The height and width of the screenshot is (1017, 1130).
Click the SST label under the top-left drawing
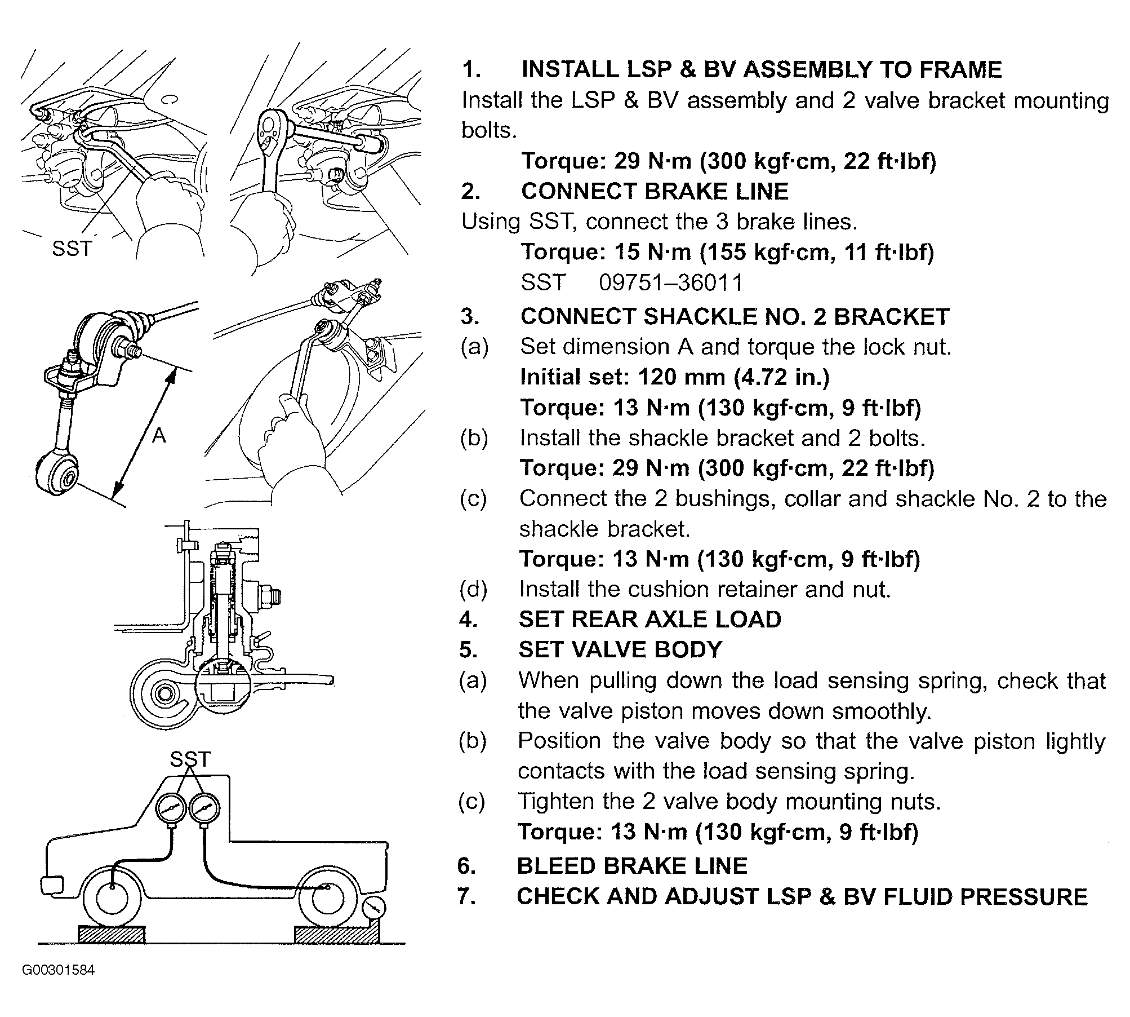[72, 248]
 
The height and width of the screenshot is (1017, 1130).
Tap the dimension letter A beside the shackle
[159, 435]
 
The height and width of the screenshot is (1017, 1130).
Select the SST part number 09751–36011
[671, 282]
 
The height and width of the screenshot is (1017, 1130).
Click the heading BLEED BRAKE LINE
[632, 866]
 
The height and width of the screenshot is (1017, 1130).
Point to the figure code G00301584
[59, 970]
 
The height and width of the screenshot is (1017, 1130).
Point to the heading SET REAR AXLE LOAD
[649, 619]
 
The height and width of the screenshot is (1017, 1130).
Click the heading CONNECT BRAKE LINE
[655, 191]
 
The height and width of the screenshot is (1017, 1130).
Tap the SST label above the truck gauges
[190, 759]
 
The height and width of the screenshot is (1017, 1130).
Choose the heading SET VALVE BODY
[620, 649]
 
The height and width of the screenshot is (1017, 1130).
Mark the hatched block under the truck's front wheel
[112, 934]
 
